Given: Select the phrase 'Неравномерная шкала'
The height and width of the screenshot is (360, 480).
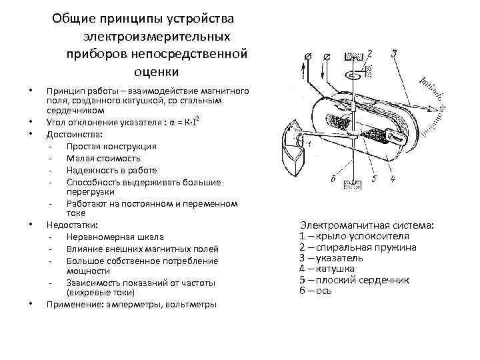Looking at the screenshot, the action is point(115,237).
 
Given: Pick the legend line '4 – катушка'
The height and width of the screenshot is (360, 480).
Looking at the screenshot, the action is point(327,269).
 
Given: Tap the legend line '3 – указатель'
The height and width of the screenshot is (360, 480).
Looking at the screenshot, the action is point(331,257).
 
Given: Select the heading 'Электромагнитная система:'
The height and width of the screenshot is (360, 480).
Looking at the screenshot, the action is point(367,225).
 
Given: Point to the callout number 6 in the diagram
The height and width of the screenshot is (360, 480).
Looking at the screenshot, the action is point(333,179).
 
